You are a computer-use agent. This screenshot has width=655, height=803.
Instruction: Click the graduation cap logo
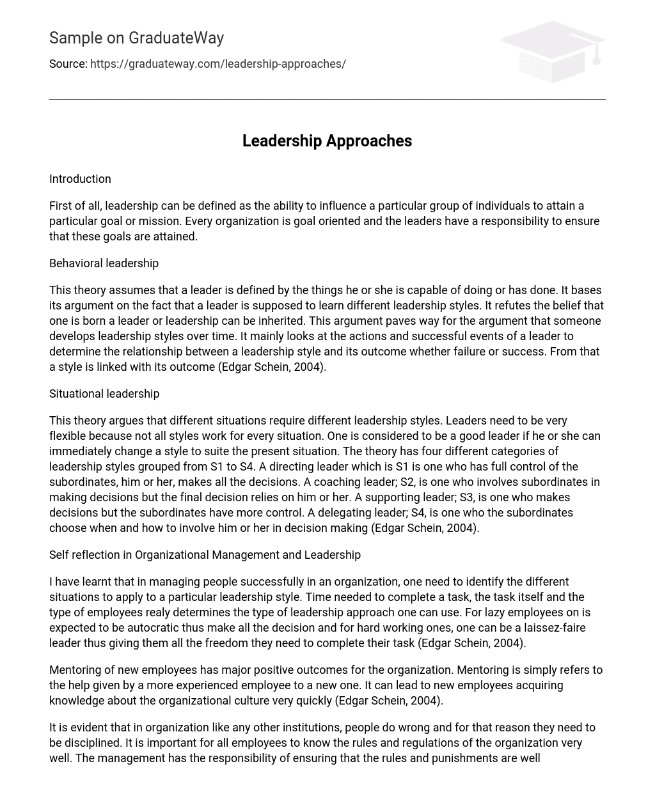pos(552,51)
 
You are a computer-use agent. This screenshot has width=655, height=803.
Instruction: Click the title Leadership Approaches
pos(327,141)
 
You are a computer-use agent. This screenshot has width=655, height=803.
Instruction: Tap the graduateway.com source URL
pos(218,64)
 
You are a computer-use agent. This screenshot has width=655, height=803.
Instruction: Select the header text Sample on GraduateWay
pos(136,38)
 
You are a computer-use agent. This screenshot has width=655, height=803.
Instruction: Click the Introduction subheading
pos(80,179)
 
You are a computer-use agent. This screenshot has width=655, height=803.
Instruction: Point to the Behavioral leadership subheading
pos(104,263)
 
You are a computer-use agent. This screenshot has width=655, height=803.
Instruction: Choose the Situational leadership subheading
pos(104,394)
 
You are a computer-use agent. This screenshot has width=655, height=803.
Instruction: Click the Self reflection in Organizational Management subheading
pos(205,555)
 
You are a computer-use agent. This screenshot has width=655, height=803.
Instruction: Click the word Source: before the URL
pos(68,64)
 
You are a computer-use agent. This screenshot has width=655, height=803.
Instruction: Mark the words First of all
pos(75,206)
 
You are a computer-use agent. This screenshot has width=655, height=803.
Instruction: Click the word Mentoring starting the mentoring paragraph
pos(76,670)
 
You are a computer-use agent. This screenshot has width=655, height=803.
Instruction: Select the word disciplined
pos(95,743)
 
